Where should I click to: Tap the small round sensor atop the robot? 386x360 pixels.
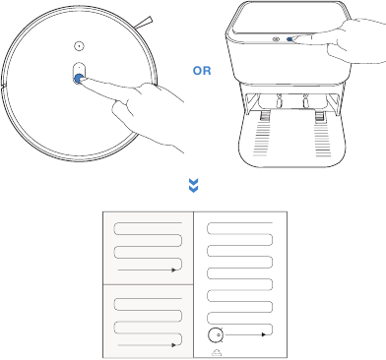click(79, 45)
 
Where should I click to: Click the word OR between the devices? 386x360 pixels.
click(201, 98)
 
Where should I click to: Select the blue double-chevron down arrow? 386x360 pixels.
click(193, 186)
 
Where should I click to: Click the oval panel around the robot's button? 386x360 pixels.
click(79, 72)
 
